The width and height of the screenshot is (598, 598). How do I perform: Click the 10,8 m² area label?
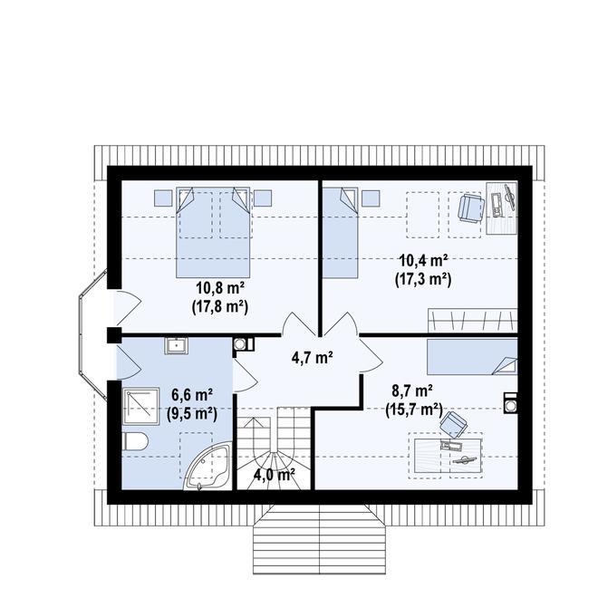219,289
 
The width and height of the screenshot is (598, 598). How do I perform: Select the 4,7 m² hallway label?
311,356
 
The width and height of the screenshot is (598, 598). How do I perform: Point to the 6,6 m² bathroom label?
192,394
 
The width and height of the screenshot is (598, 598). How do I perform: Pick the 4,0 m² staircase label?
274,473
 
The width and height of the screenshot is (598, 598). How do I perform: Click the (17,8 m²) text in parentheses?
219,306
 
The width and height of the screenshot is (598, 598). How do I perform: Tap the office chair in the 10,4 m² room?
468,207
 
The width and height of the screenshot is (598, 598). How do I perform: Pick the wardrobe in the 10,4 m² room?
470,319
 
